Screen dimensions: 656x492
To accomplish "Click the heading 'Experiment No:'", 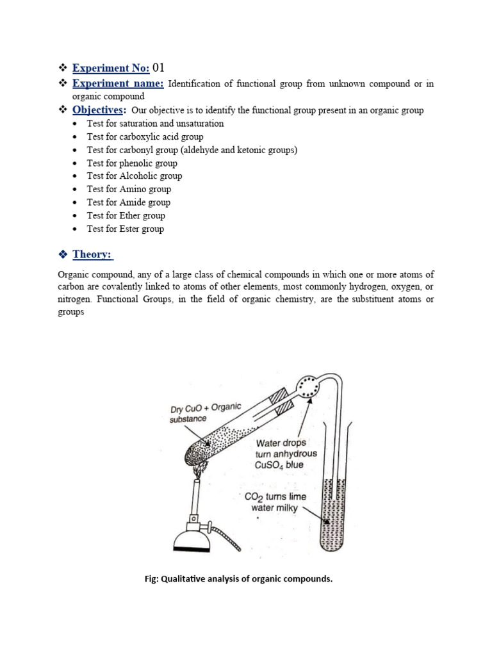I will pos(110,68).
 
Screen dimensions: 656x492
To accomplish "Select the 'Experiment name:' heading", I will pos(118,84).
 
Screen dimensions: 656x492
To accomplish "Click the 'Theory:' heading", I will pos(93,254).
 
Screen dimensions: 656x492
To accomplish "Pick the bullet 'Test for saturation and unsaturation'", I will pos(155,124).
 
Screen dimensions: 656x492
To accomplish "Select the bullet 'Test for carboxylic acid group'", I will pos(145,136).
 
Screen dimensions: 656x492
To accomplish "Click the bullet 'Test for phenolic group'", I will pos(132,163).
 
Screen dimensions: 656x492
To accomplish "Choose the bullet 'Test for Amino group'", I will pos(129,189).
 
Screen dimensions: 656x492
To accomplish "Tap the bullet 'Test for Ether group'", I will pos(126,215).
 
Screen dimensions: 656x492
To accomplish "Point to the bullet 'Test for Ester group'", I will pos(126,229).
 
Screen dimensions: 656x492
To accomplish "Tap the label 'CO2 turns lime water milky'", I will pos(275,502).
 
